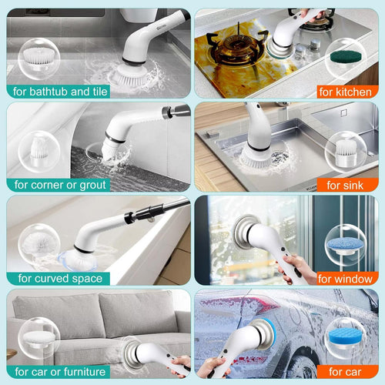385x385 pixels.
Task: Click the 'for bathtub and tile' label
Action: point(60,92)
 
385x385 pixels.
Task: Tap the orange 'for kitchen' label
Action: point(345,92)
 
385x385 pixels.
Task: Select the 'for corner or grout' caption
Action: point(60,185)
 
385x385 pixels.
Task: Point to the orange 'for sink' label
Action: point(345,185)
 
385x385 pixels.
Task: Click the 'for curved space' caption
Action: point(60,278)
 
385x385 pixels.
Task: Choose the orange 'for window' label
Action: point(345,279)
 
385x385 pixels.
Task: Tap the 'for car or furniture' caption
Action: point(60,372)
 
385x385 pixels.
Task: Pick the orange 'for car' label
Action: point(345,372)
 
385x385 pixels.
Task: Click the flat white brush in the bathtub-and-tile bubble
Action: point(38,56)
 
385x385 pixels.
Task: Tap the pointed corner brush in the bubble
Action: point(39,148)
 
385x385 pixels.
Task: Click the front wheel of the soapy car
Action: point(302,364)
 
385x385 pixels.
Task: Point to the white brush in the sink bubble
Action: point(346,151)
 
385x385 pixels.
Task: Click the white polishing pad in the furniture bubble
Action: point(39,337)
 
